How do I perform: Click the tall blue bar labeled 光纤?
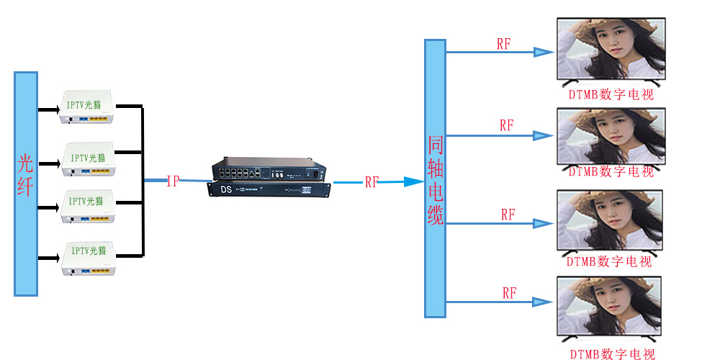[x=25, y=184]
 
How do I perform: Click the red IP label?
[x=173, y=181]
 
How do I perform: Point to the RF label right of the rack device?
[x=372, y=182]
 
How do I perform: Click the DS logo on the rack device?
[x=225, y=190]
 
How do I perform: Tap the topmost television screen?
[x=611, y=49]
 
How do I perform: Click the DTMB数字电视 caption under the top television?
[x=611, y=94]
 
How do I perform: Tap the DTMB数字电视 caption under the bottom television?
[x=612, y=354]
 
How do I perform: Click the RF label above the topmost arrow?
[x=504, y=43]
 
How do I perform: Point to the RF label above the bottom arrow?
[x=509, y=293]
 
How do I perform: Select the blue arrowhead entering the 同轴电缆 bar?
[x=414, y=182]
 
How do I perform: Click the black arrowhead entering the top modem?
[x=53, y=110]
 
